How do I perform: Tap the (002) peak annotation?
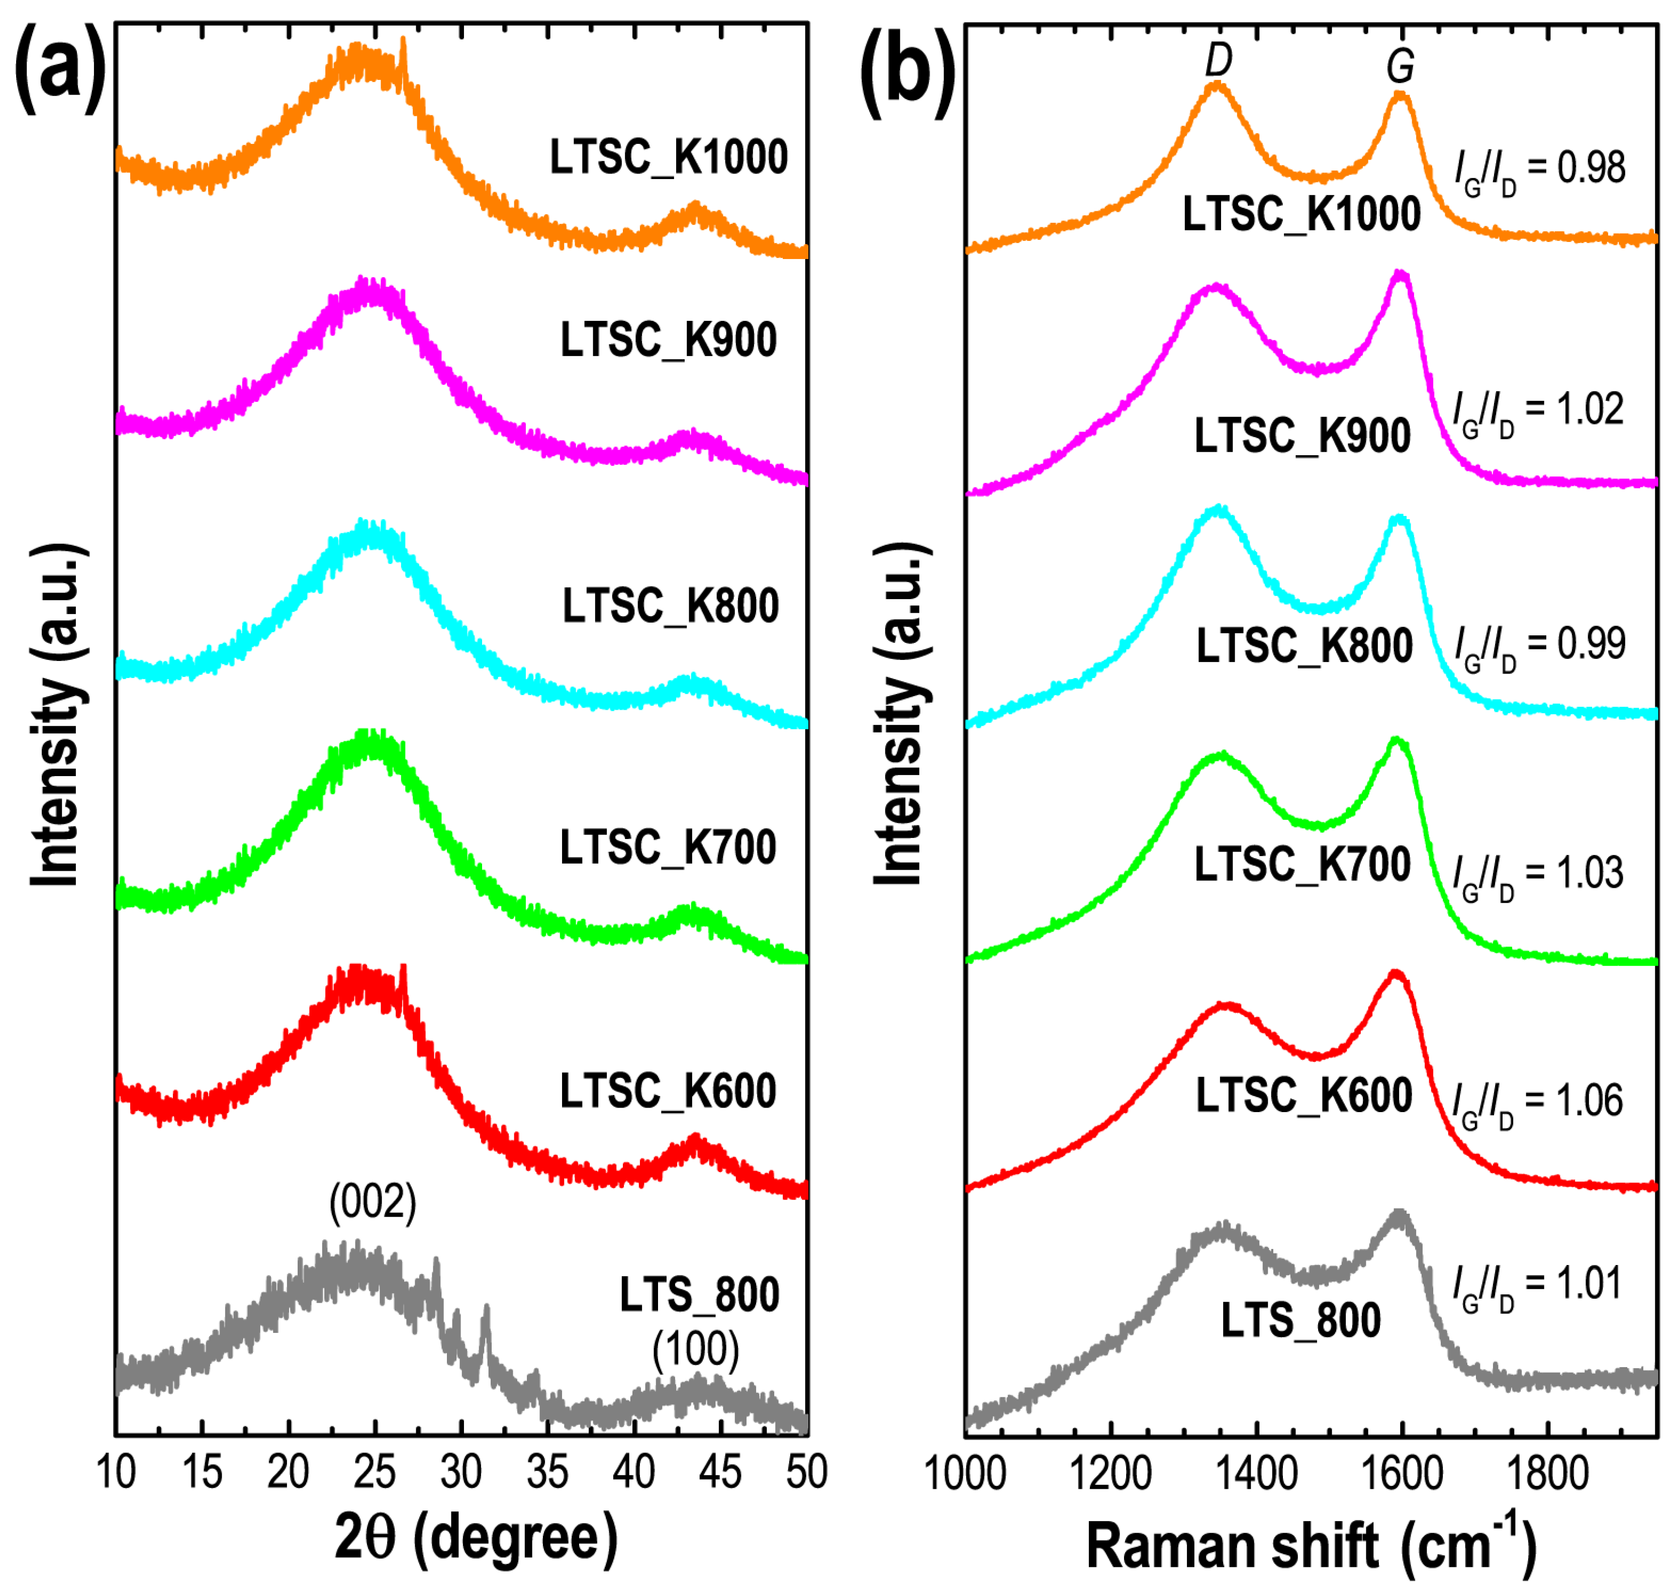pyautogui.click(x=373, y=1202)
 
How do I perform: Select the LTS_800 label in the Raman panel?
pyautogui.click(x=1301, y=1321)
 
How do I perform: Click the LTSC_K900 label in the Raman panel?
pyautogui.click(x=1302, y=437)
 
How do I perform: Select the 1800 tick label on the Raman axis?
pyautogui.click(x=1546, y=1473)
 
